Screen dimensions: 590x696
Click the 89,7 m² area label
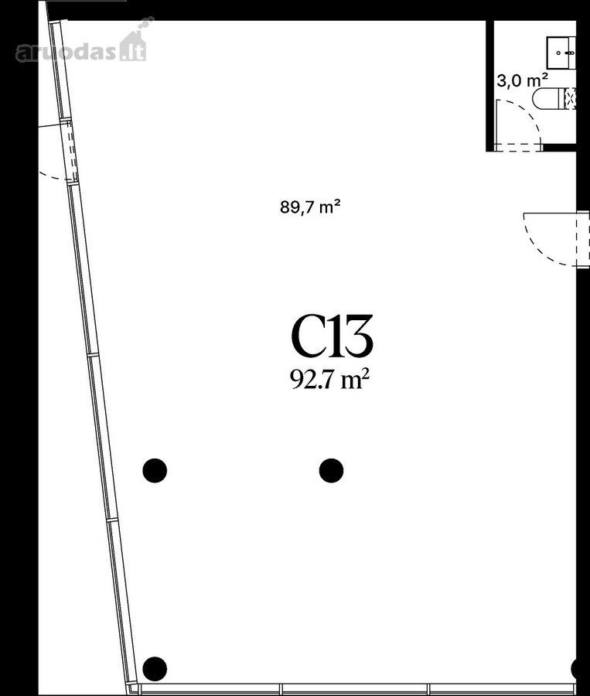click(310, 206)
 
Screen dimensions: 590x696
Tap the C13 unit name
click(332, 336)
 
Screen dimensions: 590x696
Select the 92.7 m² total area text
click(329, 380)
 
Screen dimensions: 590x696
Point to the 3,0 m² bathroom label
click(522, 80)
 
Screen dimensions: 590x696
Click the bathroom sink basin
click(561, 53)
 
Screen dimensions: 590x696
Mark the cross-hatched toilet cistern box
click(570, 98)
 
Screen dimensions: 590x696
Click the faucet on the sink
click(571, 53)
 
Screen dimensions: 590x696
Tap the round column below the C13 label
click(331, 470)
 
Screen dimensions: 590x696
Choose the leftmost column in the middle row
click(155, 470)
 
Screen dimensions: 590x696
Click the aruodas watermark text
click(67, 52)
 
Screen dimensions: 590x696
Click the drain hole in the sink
click(558, 53)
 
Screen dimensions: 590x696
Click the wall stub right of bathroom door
click(559, 148)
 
